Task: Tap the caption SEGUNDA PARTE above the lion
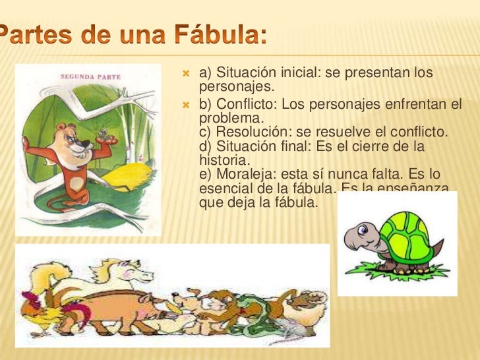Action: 90,76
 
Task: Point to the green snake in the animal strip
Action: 254,313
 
